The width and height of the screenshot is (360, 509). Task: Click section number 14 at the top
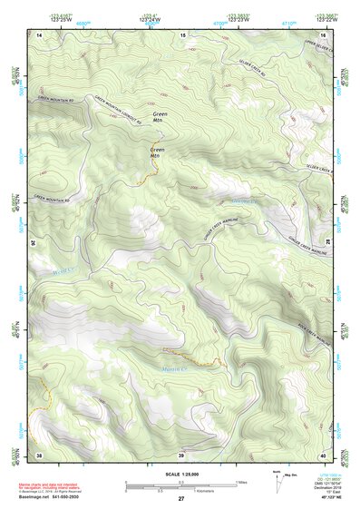click(39, 34)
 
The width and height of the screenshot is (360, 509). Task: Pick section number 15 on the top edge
click(182, 34)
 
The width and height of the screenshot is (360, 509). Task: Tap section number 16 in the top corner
click(323, 34)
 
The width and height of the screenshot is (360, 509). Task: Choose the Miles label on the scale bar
click(241, 481)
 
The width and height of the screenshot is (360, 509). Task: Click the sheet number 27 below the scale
click(181, 500)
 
